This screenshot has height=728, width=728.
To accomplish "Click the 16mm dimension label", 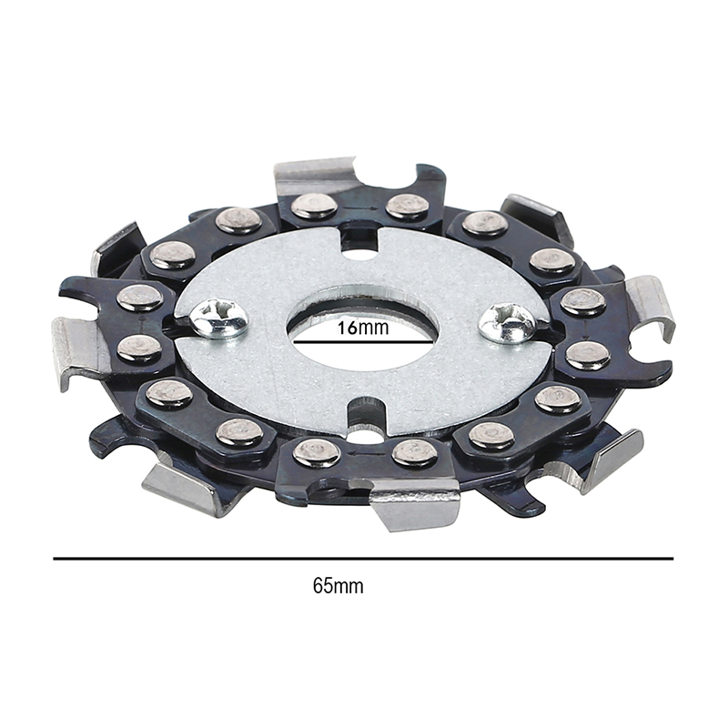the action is click(x=362, y=328).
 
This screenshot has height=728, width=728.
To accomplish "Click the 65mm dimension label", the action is click(x=338, y=585).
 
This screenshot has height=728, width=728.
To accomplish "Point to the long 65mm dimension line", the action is click(x=363, y=559).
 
